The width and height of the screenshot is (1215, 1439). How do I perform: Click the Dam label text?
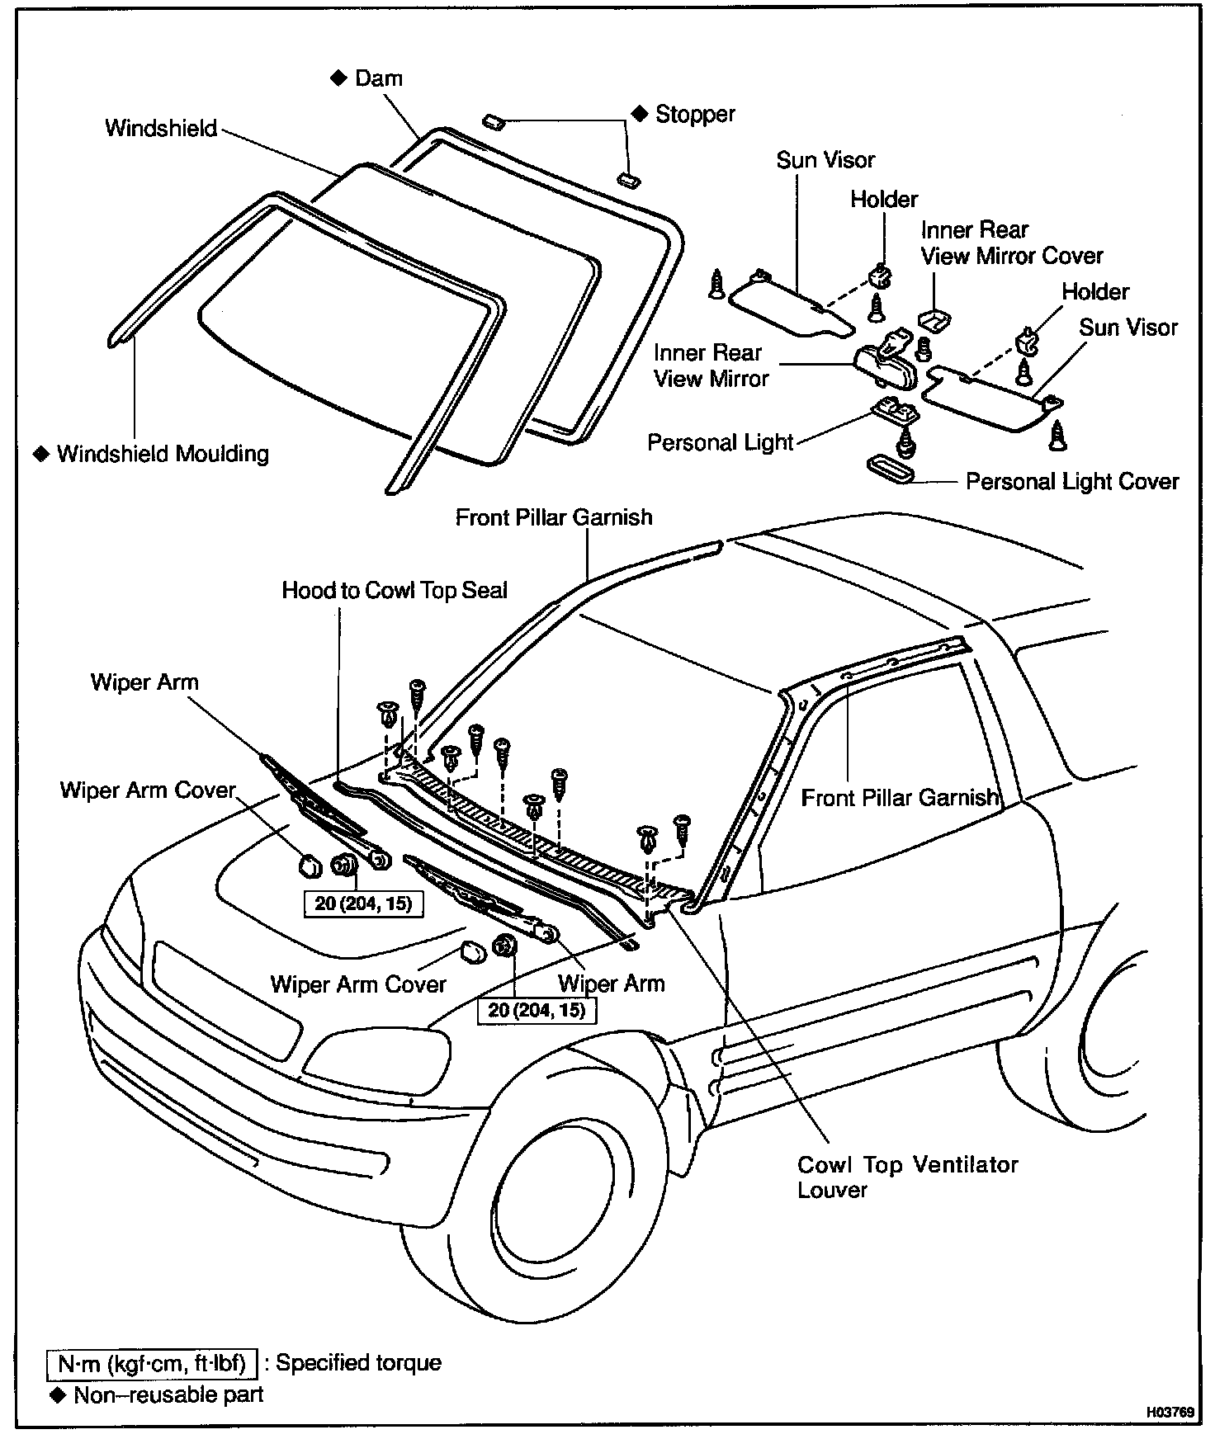pos(379,78)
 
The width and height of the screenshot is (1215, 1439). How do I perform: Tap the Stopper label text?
pos(695,114)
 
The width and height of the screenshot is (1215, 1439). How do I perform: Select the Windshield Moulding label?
pos(163,454)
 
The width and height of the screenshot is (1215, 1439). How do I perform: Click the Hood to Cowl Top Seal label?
pos(395,590)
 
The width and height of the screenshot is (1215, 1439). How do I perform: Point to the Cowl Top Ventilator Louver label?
pos(907,1177)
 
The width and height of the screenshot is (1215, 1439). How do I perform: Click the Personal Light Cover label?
pos(1072,481)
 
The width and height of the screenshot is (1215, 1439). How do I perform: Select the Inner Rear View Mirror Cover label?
pos(1012,243)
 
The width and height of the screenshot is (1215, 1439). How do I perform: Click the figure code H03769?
pos(1169,1412)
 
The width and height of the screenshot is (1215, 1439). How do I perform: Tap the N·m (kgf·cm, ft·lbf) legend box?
pos(153,1364)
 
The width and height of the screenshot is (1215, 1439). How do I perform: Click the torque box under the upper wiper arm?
pos(363,903)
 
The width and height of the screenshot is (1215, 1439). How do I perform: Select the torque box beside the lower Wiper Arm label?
pos(537,1010)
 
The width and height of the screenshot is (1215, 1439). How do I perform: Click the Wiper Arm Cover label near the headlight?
pos(358,984)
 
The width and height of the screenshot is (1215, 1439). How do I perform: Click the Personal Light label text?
pos(720,443)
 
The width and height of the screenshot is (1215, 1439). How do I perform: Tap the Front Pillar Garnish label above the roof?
pos(554,517)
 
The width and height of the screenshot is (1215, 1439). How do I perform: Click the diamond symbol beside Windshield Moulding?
pos(40,454)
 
